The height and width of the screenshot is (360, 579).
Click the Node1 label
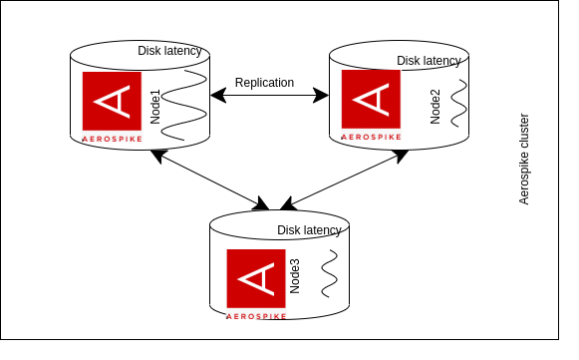(154, 105)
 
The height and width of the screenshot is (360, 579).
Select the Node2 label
(435, 105)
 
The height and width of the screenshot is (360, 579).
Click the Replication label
(264, 83)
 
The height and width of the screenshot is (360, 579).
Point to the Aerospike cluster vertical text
(524, 159)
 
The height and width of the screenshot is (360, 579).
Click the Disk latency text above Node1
(169, 51)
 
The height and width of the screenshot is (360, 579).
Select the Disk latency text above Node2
(429, 61)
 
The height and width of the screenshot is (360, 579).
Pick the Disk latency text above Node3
(309, 230)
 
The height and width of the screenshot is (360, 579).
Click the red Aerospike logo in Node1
(112, 101)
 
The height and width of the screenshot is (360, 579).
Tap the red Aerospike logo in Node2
(371, 100)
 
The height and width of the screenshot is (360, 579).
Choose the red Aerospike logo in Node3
(256, 278)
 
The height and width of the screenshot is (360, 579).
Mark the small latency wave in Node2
(458, 105)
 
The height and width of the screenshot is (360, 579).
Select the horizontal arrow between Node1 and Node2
(269, 96)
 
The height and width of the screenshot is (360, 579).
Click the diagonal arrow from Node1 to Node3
(209, 180)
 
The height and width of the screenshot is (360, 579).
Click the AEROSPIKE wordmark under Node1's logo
(112, 139)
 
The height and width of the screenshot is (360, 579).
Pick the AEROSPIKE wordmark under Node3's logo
(256, 315)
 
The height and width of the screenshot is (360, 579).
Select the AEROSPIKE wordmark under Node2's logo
(371, 137)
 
